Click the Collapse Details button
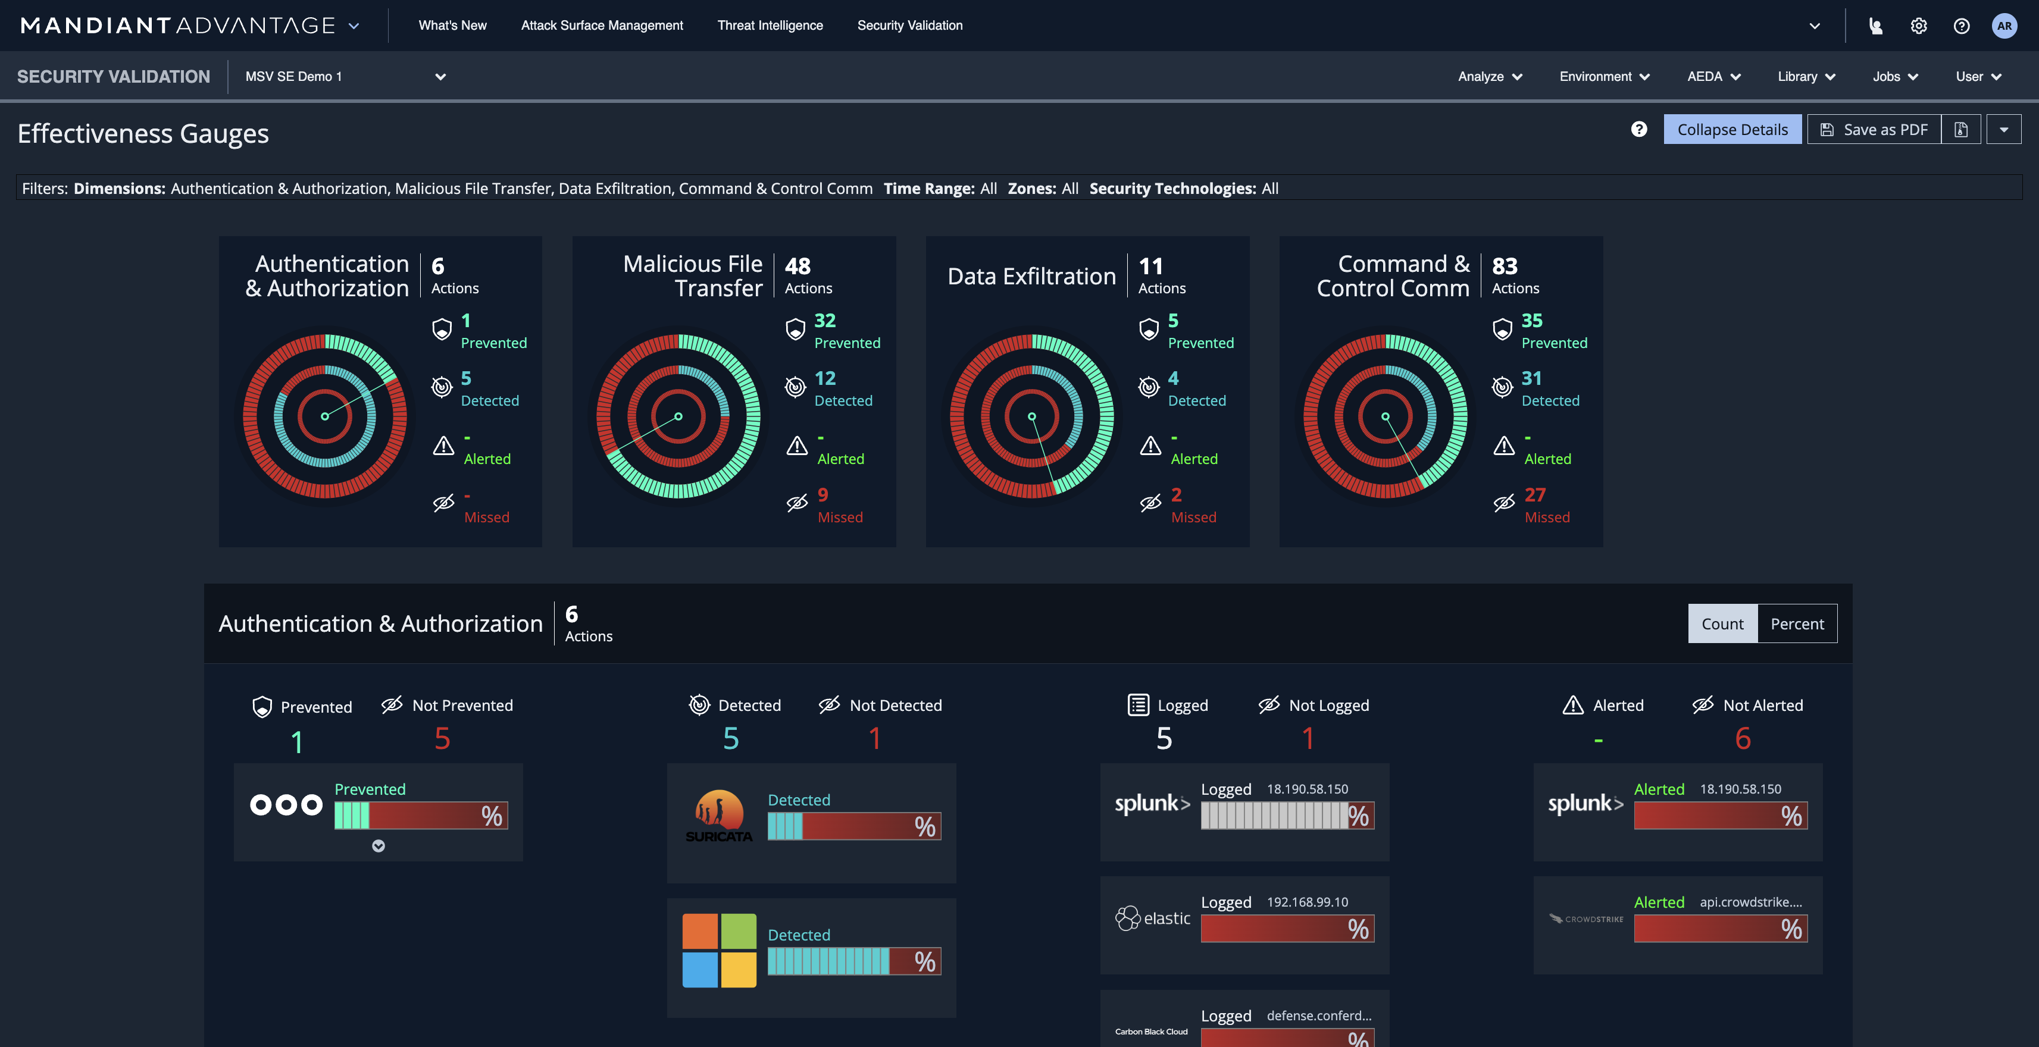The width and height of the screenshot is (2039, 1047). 1732,130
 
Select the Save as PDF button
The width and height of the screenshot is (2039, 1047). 1874,130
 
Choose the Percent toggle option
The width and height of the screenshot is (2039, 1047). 1797,623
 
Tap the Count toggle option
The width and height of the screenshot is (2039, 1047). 1722,623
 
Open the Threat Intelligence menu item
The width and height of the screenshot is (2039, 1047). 770,26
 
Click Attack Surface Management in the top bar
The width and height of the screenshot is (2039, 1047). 602,26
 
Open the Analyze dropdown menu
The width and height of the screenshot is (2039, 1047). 1490,77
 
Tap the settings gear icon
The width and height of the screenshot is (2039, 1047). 1918,26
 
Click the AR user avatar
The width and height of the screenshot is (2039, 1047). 2003,26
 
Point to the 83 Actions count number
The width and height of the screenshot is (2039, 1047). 1504,266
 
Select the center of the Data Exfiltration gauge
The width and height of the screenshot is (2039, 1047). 1031,416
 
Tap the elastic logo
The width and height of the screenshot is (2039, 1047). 1152,918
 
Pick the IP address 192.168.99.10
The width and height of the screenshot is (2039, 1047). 1307,902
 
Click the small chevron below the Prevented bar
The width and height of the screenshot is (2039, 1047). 379,846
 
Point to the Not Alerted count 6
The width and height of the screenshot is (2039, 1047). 1742,738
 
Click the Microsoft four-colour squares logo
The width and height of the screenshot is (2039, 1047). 719,951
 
